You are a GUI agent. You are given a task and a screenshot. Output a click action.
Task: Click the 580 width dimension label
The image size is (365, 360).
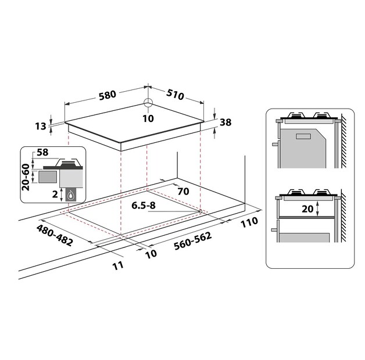108,95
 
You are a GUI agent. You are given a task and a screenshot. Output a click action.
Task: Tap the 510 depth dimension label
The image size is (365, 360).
175,94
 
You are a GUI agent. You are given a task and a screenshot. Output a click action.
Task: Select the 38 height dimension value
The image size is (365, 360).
226,122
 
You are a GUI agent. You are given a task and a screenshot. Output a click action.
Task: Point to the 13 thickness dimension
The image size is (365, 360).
41,126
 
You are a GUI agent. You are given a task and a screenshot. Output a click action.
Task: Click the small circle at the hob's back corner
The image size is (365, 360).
148,102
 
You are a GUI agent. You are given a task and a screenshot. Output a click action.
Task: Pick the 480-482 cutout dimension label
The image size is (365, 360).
55,235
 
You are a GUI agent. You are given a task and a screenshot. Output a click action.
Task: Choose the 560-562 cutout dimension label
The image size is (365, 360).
193,241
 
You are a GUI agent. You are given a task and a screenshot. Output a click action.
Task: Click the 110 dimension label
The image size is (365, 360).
249,222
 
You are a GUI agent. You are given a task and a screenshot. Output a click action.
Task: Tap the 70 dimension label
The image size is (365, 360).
183,191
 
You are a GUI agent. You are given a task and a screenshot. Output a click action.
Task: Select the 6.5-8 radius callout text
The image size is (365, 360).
144,206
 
